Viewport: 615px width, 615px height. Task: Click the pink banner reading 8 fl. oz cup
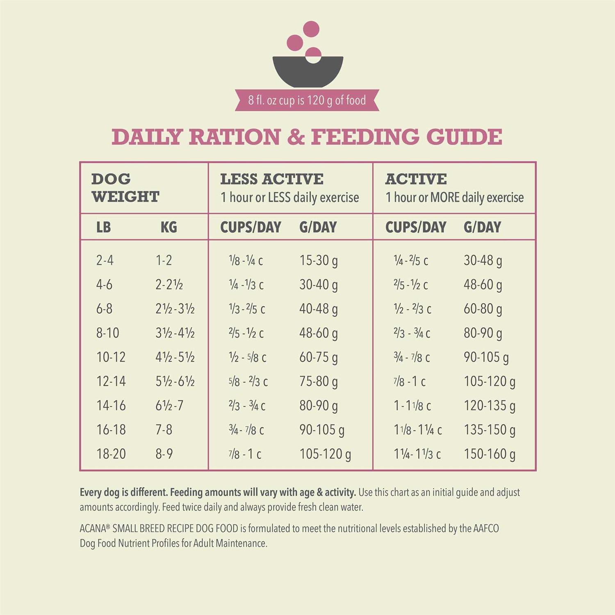(x=307, y=100)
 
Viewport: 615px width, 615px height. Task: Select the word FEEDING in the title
(x=365, y=137)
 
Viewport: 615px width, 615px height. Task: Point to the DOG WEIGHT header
(x=125, y=188)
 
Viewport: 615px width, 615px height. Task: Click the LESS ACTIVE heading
(x=271, y=179)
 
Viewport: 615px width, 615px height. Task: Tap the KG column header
(x=169, y=227)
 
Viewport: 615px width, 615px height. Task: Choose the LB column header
(x=103, y=227)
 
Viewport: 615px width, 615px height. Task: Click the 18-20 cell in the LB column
(x=111, y=454)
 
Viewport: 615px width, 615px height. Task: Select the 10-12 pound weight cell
(x=111, y=357)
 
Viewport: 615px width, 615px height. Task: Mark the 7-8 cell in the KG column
(x=164, y=430)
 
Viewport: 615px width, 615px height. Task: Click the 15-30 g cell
(x=319, y=260)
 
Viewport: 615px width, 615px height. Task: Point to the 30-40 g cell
(x=319, y=285)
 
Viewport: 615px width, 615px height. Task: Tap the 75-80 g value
(x=319, y=381)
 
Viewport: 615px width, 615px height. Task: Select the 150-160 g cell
(x=490, y=454)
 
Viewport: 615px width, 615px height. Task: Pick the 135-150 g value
(x=490, y=430)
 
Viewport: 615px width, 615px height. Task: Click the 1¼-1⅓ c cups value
(x=417, y=454)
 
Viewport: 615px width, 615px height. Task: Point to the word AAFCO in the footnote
(x=486, y=528)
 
